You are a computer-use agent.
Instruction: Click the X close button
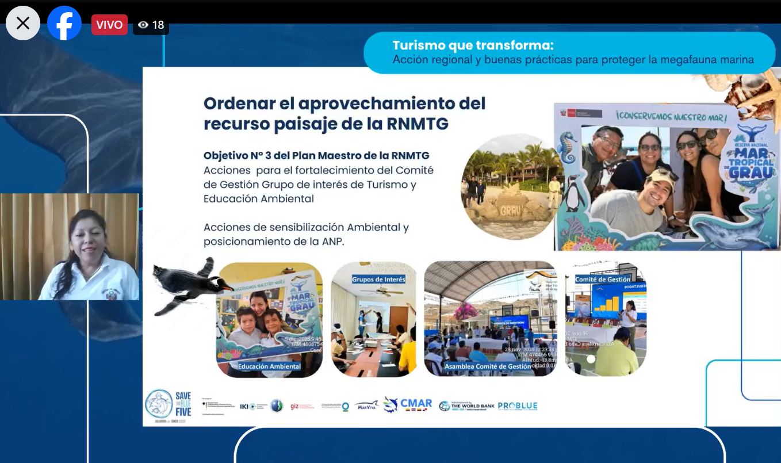[x=23, y=23]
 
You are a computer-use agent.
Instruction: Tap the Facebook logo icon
[x=64, y=23]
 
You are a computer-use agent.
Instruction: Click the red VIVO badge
[x=109, y=25]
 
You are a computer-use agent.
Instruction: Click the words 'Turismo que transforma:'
[x=473, y=45]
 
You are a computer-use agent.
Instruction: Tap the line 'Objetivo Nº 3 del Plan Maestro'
[x=316, y=155]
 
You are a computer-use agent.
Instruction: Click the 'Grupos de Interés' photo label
[x=378, y=280]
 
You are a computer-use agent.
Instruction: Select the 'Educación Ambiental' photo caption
[x=269, y=366]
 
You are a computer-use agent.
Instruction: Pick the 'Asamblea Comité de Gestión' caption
[x=487, y=366]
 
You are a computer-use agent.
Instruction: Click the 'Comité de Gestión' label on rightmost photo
[x=603, y=280]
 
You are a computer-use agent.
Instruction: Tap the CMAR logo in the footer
[x=408, y=404]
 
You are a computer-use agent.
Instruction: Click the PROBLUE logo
[x=518, y=405]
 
